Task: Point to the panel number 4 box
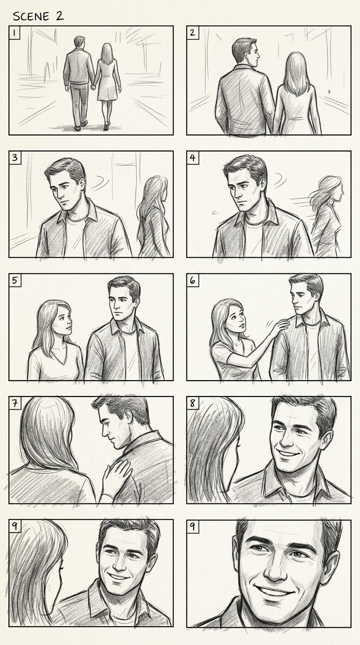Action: click(x=193, y=158)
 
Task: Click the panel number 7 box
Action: click(x=15, y=403)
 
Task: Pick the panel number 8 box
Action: click(x=192, y=403)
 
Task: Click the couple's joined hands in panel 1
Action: click(x=93, y=86)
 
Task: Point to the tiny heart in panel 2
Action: click(x=329, y=92)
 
